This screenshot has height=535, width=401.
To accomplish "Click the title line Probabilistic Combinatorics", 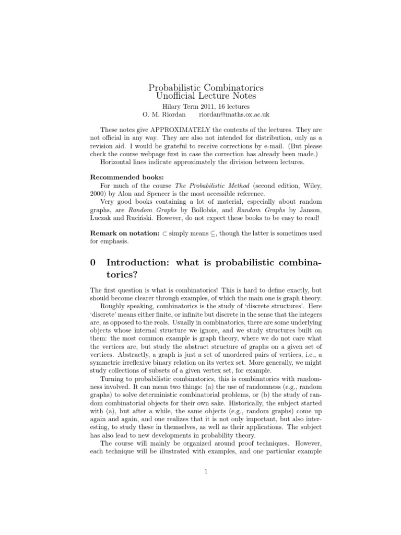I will click(x=206, y=87).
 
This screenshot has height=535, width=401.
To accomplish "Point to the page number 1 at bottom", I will click(x=206, y=472).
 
